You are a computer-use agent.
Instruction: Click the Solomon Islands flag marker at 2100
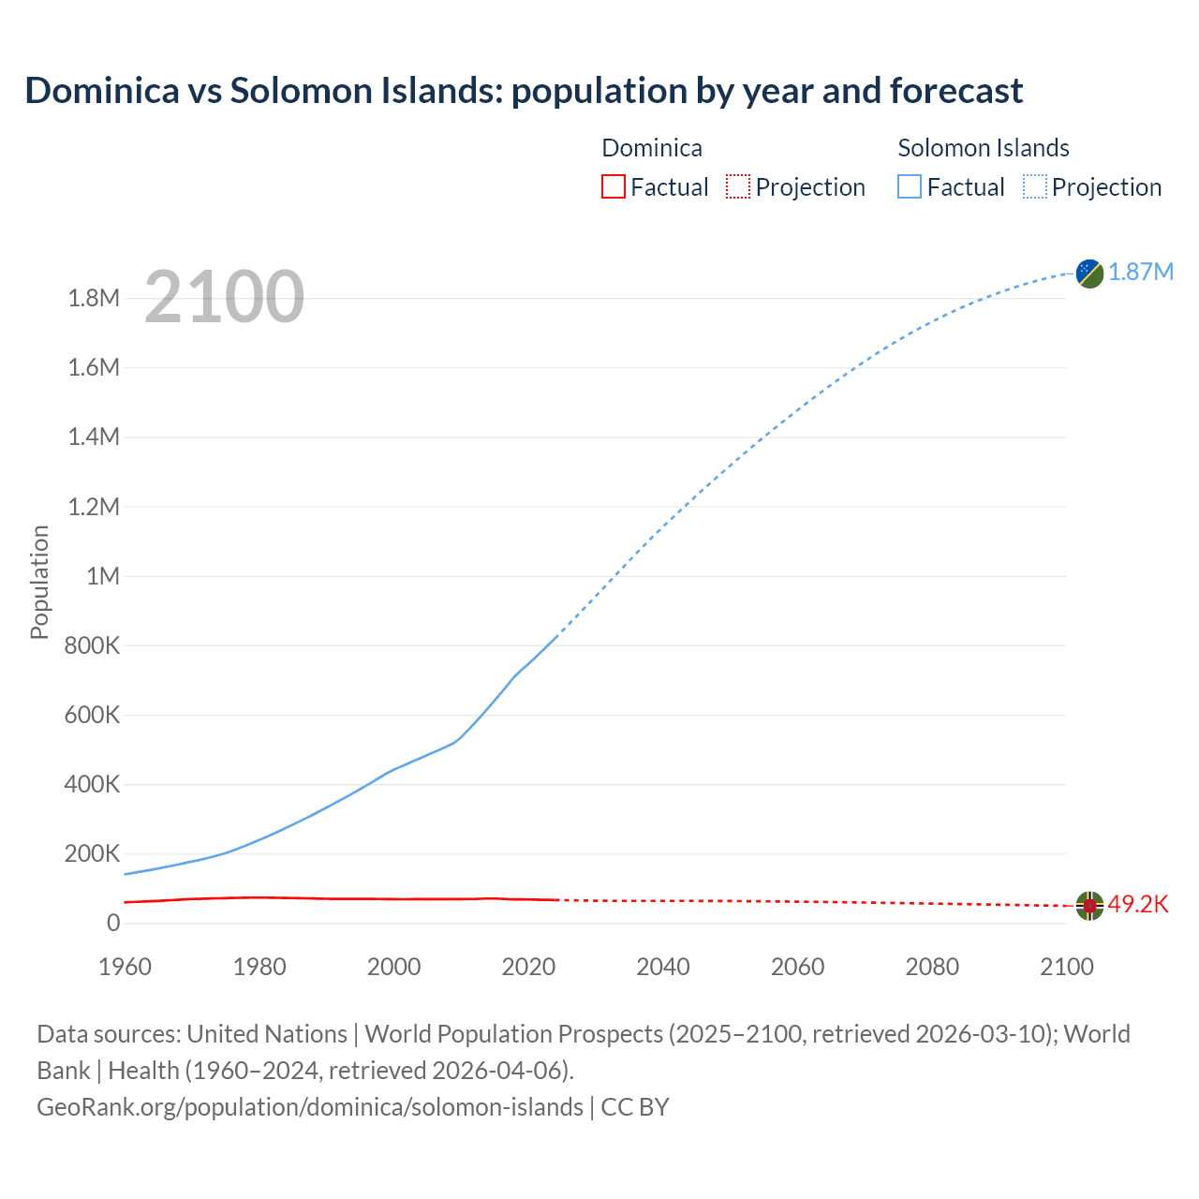click(1089, 274)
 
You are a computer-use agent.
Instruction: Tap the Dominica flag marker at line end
click(1089, 905)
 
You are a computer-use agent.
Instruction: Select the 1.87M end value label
click(1141, 273)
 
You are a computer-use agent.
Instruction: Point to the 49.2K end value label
click(1138, 905)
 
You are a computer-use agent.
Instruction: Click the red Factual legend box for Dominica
click(613, 187)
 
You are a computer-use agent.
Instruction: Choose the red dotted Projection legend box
click(738, 187)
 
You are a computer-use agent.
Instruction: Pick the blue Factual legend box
click(909, 187)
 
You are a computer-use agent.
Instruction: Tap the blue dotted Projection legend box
click(1035, 187)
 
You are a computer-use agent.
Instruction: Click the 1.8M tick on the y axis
click(94, 299)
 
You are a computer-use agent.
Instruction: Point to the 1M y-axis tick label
click(103, 576)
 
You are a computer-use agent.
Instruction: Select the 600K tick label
click(92, 716)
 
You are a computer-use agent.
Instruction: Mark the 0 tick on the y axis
click(113, 924)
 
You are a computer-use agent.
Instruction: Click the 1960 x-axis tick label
click(125, 968)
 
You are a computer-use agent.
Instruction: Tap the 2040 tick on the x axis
click(663, 968)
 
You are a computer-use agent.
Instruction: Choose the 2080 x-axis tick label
click(932, 968)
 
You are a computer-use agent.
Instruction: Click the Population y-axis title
click(39, 582)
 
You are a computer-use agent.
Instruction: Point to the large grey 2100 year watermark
click(224, 297)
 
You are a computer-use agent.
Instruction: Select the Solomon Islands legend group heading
click(984, 148)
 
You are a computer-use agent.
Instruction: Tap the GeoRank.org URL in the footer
click(309, 1107)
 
